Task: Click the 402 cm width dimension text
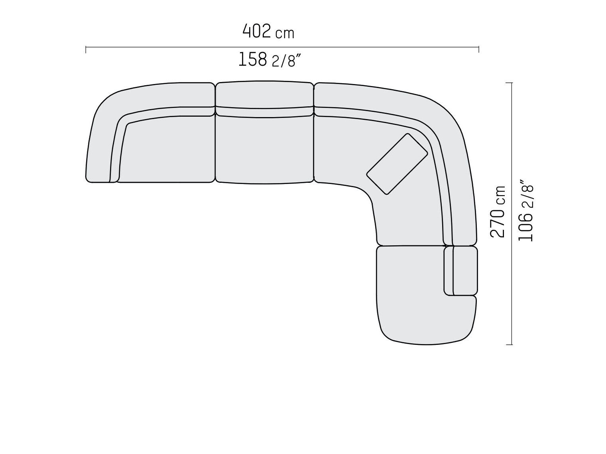[x=268, y=31]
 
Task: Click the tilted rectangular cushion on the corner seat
[x=397, y=164]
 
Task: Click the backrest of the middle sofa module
[x=264, y=94]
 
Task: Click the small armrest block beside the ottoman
[x=465, y=270]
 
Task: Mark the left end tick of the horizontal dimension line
[x=86, y=49]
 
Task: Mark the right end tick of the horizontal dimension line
[x=478, y=49]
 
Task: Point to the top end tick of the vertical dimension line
[x=509, y=83]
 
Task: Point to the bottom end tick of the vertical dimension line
[x=509, y=344]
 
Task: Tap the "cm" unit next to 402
[x=285, y=33]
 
